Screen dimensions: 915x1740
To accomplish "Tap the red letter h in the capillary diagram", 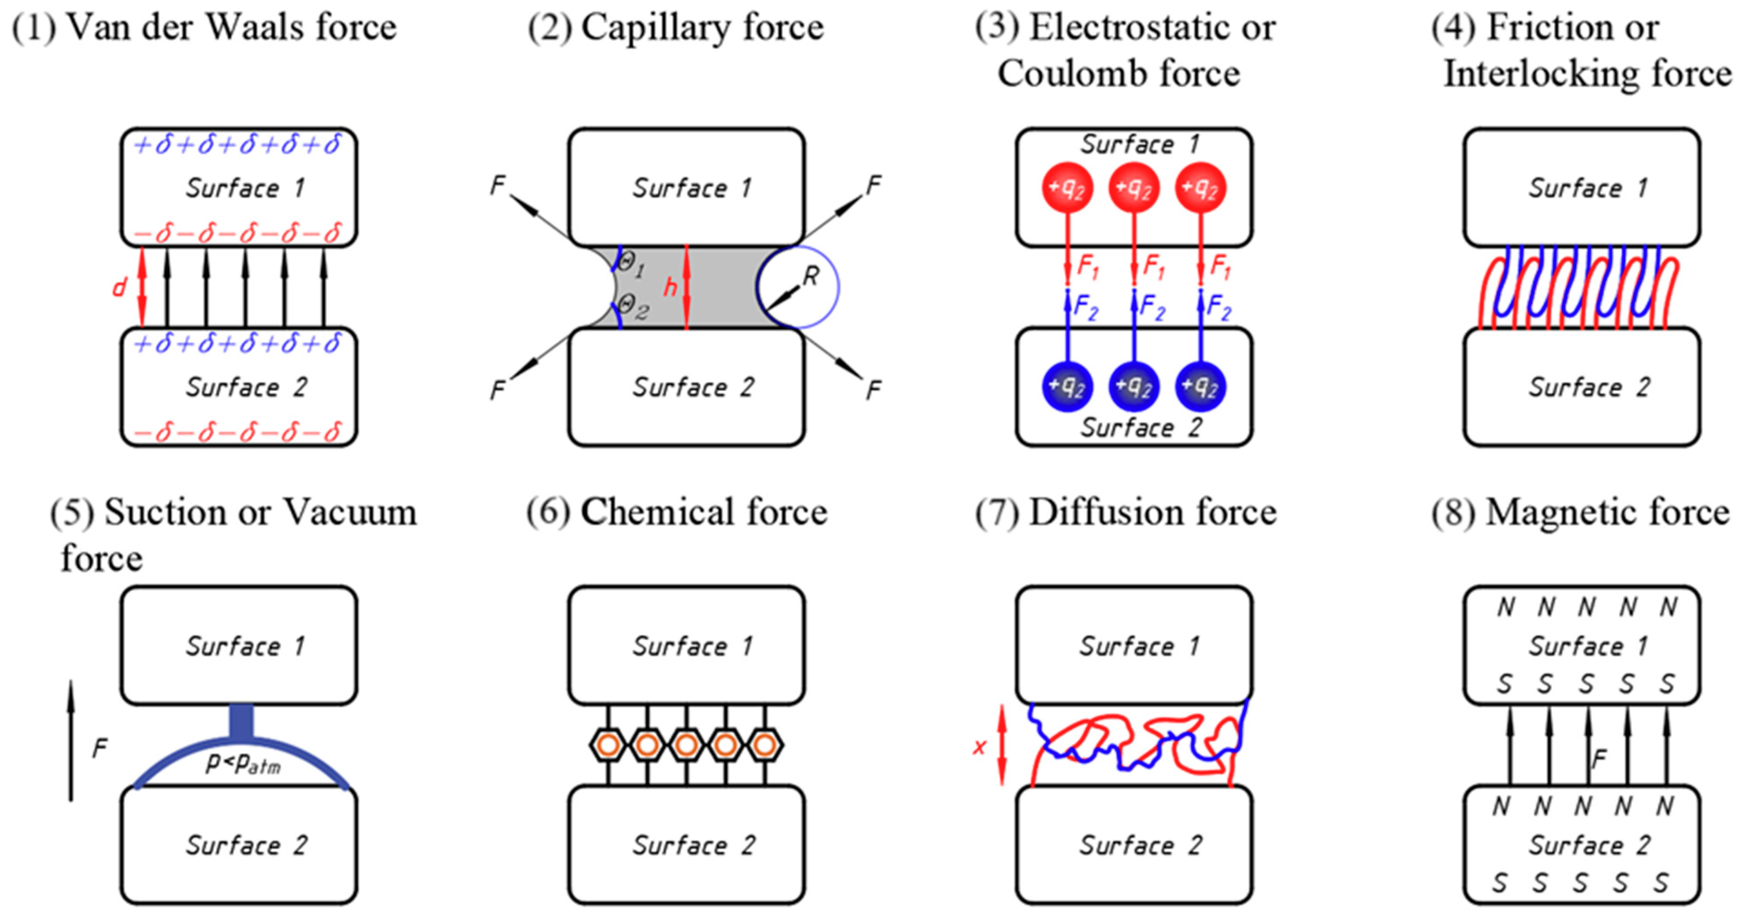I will pyautogui.click(x=669, y=287).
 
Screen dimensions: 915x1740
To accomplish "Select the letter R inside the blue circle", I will pyautogui.click(x=810, y=276).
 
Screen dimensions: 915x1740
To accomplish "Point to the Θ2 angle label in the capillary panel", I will pyautogui.click(x=633, y=307).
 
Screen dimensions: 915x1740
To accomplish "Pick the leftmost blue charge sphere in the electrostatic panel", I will pyautogui.click(x=1067, y=387).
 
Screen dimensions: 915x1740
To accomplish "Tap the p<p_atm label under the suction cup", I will pyautogui.click(x=243, y=763).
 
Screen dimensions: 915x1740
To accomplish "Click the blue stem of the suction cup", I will pyautogui.click(x=241, y=722).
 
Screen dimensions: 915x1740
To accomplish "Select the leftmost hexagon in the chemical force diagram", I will pyautogui.click(x=608, y=745).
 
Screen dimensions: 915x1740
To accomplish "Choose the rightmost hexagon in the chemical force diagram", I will pyautogui.click(x=764, y=745).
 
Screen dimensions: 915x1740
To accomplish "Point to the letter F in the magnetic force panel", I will pyautogui.click(x=1597, y=760).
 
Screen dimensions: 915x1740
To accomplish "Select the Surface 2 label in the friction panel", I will pyautogui.click(x=1589, y=387).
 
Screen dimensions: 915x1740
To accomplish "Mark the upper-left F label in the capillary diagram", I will pyautogui.click(x=498, y=185).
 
